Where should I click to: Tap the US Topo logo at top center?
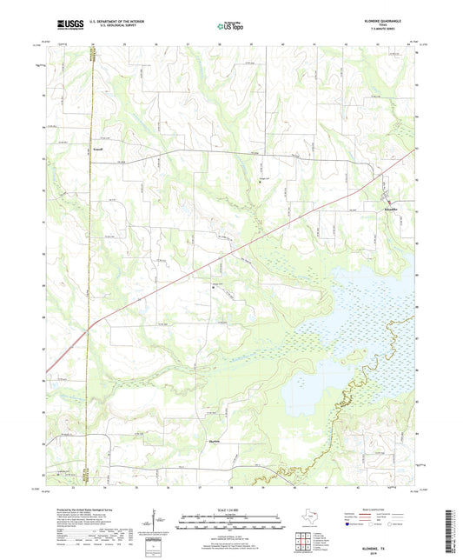[230, 27]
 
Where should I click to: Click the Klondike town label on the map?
[390, 210]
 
